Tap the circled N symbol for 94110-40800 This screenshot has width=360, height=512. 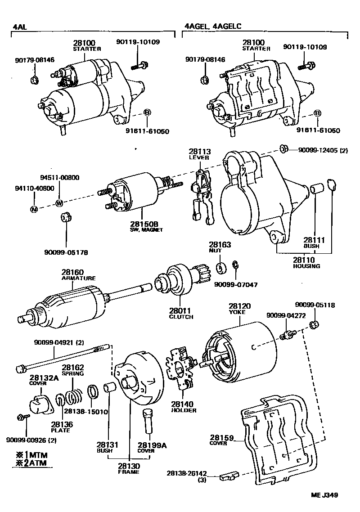click(x=33, y=209)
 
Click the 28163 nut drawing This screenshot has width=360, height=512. click(x=221, y=269)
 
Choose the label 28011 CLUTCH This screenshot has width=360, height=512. click(x=181, y=313)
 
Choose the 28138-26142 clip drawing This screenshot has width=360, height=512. click(x=229, y=476)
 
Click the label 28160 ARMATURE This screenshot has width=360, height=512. click(x=78, y=275)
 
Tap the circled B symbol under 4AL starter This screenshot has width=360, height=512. click(x=147, y=112)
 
